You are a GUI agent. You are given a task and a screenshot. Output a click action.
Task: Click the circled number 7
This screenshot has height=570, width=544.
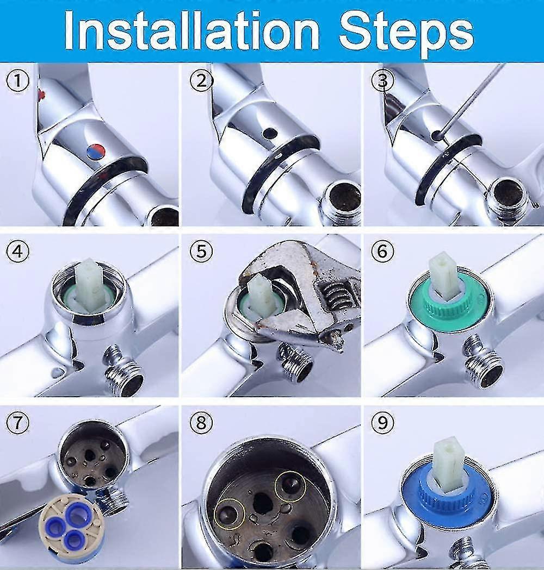tap(18, 423)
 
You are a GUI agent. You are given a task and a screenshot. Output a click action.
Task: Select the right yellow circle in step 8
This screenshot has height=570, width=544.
tap(289, 485)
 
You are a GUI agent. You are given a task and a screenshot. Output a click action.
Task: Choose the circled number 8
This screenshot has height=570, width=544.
tap(201, 422)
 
